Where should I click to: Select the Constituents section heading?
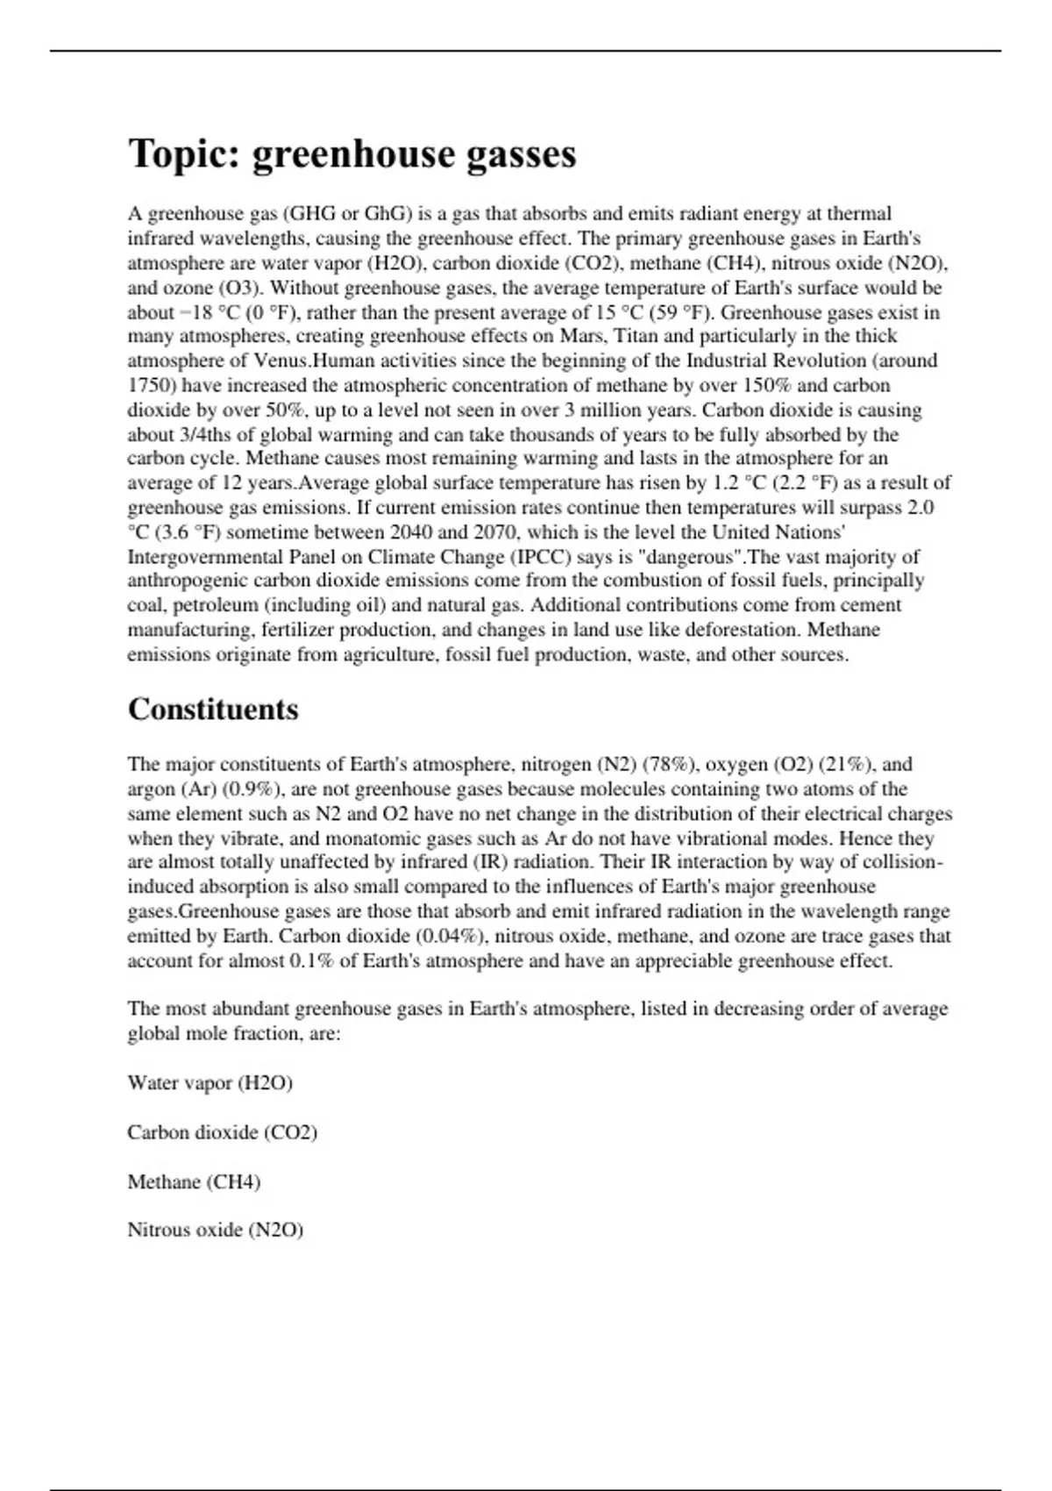point(213,709)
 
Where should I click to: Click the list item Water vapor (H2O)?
point(210,1082)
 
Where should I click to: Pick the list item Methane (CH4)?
point(194,1181)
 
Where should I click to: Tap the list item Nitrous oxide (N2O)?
point(215,1230)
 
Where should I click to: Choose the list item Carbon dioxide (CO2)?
point(222,1132)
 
